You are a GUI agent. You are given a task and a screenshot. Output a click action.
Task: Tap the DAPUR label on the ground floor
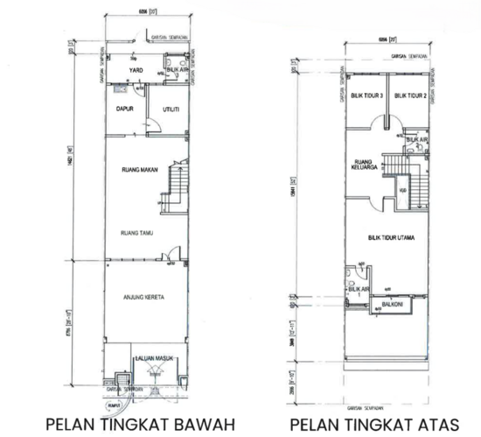point(123,109)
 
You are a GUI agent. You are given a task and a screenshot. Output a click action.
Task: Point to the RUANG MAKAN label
point(138,170)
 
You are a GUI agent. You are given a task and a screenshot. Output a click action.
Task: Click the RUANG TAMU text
point(137,233)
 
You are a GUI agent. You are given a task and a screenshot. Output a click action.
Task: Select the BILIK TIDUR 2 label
point(408,95)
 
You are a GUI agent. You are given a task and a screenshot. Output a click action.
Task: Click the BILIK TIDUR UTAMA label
point(391,237)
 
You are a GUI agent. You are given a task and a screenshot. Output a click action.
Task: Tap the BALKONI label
point(391,304)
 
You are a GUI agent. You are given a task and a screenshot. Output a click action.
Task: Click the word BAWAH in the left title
point(209,425)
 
